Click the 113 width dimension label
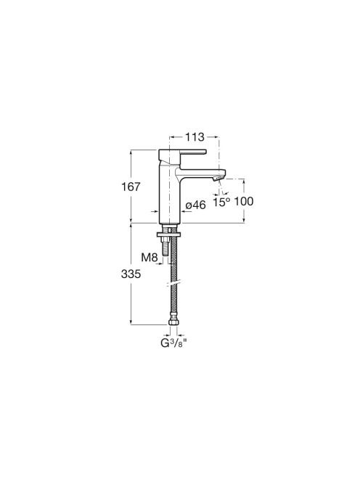tap(195, 137)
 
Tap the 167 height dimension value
tap(131, 187)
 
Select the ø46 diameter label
tap(196, 205)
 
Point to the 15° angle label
tap(221, 203)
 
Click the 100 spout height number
tap(244, 202)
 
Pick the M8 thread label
tap(150, 258)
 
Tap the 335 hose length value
tap(131, 274)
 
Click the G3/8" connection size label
tap(173, 343)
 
